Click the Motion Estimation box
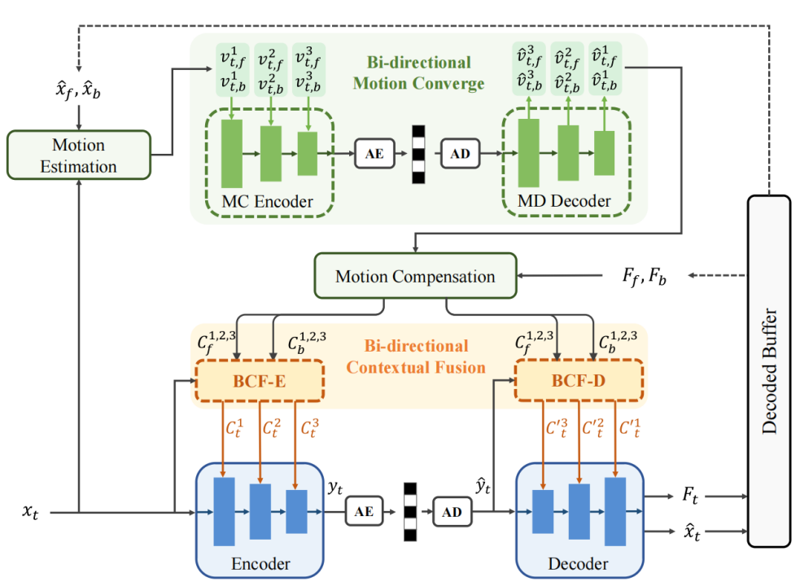[78, 155]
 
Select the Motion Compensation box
[415, 276]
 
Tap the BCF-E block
[260, 380]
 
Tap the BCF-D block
[577, 380]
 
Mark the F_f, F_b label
[636, 277]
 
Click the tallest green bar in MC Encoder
[232, 153]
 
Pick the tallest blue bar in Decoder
[615, 511]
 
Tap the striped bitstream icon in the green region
[418, 154]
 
